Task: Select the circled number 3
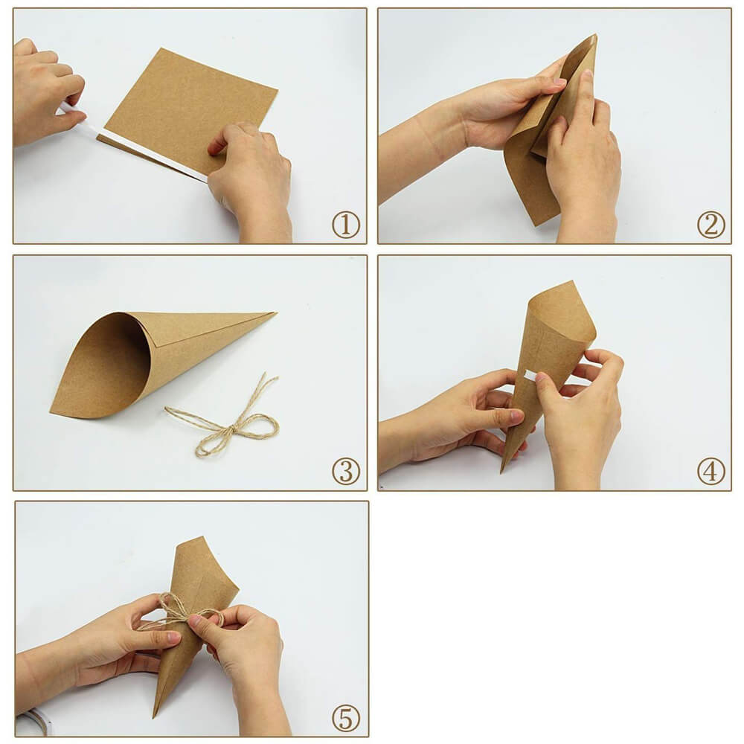tap(345, 471)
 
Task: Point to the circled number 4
tap(711, 471)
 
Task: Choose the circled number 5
tap(345, 718)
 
